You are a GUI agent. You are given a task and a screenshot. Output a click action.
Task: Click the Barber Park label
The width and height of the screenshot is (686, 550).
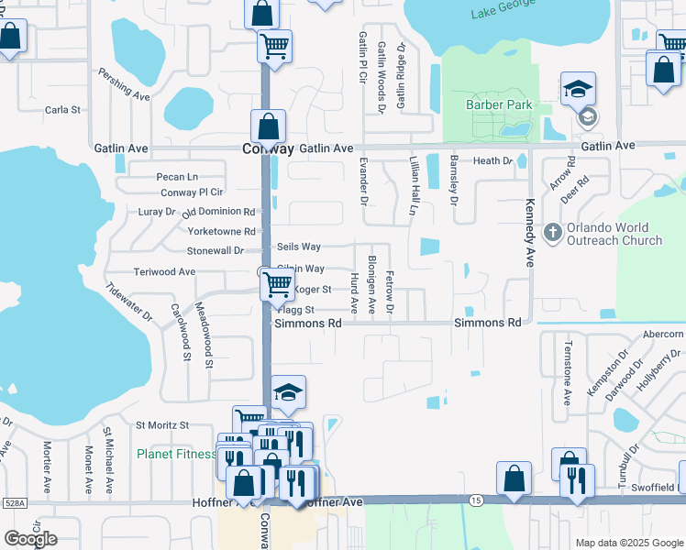click(x=499, y=105)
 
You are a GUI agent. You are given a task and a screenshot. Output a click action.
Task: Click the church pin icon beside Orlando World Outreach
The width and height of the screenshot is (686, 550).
click(x=552, y=232)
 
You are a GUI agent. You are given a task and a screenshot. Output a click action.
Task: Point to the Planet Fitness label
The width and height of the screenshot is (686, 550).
click(x=175, y=454)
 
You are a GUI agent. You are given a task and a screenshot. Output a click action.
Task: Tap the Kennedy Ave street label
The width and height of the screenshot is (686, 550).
click(x=529, y=233)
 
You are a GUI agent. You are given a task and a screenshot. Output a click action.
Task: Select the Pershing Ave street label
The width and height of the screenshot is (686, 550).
click(x=124, y=82)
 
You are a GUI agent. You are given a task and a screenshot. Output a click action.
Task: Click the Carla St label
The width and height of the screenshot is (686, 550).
click(x=62, y=110)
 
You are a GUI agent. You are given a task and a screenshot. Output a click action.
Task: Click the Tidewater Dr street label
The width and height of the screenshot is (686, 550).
click(x=128, y=302)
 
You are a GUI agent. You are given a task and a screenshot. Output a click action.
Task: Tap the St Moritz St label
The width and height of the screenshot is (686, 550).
click(x=161, y=425)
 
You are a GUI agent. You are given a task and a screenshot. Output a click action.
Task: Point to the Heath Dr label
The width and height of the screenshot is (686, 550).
click(x=492, y=160)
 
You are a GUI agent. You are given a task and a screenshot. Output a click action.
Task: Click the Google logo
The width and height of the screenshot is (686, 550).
click(x=30, y=539)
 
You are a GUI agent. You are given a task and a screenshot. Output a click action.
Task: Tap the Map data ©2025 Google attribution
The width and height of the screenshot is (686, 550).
click(x=627, y=543)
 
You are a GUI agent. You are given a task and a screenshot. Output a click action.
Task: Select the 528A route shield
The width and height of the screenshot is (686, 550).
click(x=14, y=502)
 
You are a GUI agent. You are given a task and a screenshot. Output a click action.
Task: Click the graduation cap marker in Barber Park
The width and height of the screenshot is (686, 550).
click(x=577, y=90)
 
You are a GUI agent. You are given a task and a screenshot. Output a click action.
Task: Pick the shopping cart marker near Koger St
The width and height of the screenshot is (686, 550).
click(x=276, y=284)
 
